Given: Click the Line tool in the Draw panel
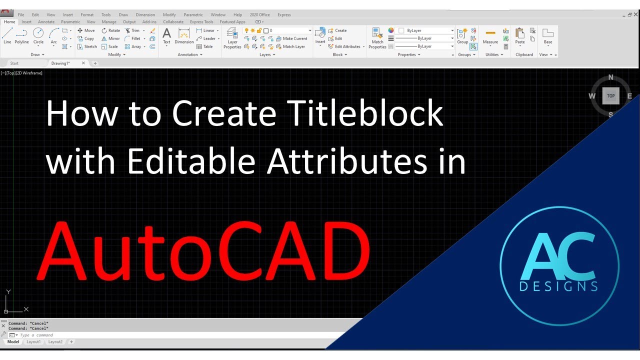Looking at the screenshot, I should tap(7, 35).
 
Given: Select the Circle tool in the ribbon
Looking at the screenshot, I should tap(38, 35).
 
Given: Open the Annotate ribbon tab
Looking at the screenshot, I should tap(46, 22).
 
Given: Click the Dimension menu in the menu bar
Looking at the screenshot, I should tap(145, 15).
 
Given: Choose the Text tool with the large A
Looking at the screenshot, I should tap(167, 35).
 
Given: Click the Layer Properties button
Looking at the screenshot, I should tap(232, 38).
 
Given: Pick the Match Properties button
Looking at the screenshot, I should tap(377, 38).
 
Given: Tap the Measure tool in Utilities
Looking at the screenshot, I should tap(490, 36).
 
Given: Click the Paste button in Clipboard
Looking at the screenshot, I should tap(520, 36).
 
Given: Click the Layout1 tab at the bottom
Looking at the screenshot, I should tap(33, 342).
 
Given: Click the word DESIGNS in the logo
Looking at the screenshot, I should tap(558, 286).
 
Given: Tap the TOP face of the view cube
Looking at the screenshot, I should tap(610, 96).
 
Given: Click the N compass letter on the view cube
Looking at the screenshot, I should tap(610, 77).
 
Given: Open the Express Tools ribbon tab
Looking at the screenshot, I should tap(201, 22).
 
